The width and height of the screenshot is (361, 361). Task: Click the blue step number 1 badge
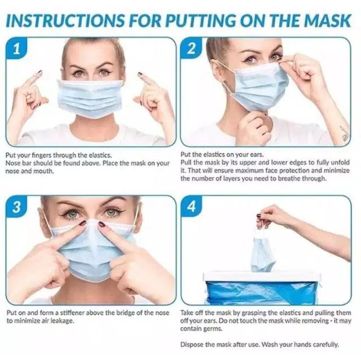tap(16, 49)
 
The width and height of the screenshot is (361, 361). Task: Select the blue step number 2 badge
tap(191, 49)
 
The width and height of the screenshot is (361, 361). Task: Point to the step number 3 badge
tap(17, 207)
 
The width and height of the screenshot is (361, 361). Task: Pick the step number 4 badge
tap(191, 207)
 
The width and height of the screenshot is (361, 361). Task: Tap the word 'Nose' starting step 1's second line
tap(12, 163)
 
